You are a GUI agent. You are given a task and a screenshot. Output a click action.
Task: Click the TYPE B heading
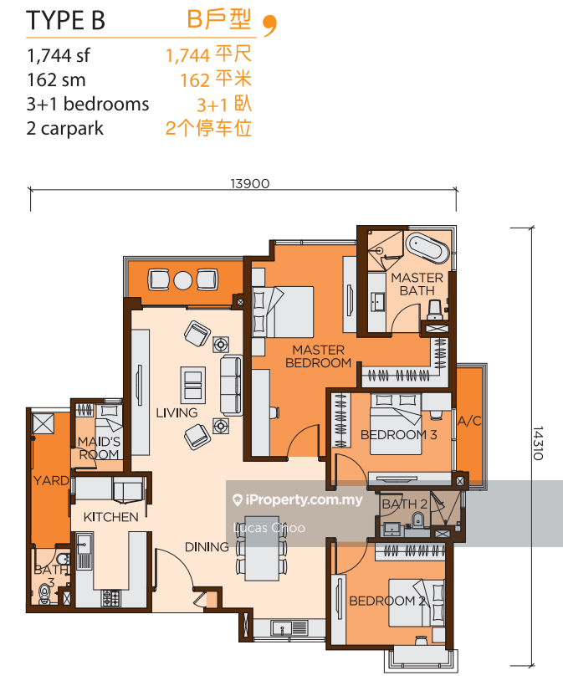(65, 20)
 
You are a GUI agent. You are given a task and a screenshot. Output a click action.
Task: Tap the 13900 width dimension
(250, 183)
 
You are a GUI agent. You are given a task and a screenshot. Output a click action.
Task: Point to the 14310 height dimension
(538, 443)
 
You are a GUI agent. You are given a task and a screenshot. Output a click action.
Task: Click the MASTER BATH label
(417, 284)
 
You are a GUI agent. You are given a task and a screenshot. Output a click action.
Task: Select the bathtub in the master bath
(427, 248)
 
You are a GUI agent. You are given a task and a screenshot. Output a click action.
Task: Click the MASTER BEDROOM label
(318, 356)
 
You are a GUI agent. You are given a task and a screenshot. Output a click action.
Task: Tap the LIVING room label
(177, 412)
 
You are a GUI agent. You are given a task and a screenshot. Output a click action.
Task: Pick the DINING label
(207, 547)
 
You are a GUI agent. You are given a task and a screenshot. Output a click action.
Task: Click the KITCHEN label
(110, 517)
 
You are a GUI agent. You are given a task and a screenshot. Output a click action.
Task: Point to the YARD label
(51, 480)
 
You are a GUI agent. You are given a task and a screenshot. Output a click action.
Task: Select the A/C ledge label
(469, 421)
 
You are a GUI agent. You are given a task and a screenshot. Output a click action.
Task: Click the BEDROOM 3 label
(398, 435)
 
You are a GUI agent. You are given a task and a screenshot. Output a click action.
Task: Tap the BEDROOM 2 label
(386, 601)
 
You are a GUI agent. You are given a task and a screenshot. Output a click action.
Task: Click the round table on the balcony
(183, 280)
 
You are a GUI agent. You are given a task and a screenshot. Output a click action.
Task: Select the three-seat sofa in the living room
(231, 386)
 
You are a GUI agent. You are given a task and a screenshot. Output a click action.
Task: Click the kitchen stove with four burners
(110, 598)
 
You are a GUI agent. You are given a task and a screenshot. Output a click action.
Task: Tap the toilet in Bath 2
(418, 520)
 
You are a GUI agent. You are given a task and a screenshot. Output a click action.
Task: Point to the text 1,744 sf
(59, 55)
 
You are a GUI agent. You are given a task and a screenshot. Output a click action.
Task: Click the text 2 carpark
(65, 129)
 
